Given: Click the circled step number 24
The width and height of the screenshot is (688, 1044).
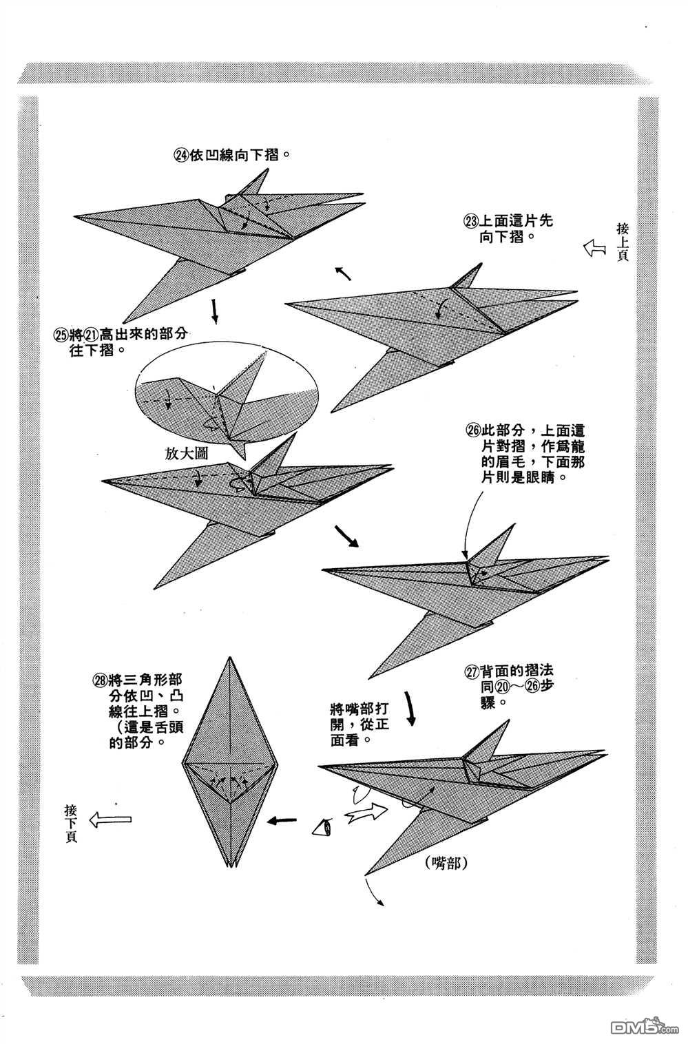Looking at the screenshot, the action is click(181, 156).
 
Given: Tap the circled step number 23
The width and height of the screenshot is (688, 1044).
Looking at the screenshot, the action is click(471, 222).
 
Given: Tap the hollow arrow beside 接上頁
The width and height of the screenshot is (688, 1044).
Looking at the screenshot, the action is click(593, 248).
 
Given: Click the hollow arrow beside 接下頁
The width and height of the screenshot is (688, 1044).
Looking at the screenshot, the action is click(111, 818).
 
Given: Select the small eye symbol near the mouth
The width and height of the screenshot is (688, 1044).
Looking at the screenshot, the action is click(322, 826).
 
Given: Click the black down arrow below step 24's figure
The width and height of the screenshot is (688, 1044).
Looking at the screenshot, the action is click(215, 311).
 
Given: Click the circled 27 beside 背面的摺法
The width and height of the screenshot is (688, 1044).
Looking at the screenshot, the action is click(472, 670).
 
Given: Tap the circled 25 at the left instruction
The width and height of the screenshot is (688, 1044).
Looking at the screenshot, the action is click(61, 335).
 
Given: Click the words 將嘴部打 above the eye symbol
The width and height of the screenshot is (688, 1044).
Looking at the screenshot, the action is click(355, 709).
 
